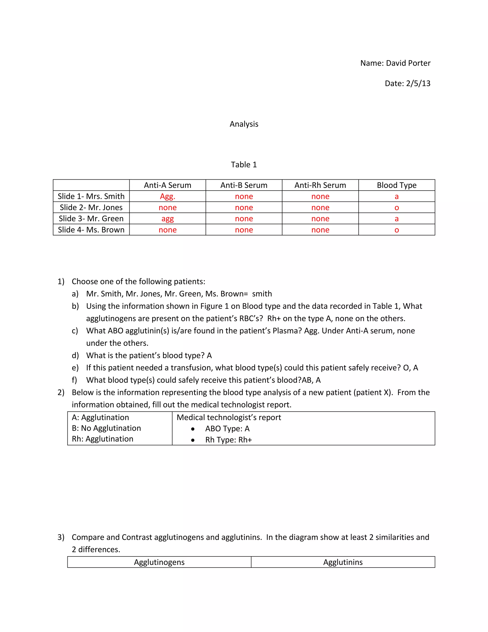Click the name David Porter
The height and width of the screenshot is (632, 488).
click(x=408, y=63)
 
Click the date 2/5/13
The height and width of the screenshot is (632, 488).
click(x=418, y=83)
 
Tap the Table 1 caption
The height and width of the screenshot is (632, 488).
click(x=244, y=165)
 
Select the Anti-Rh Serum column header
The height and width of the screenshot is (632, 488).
click(x=320, y=185)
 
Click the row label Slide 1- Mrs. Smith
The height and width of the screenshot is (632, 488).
click(x=91, y=196)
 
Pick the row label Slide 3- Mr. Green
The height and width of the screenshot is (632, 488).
click(x=91, y=218)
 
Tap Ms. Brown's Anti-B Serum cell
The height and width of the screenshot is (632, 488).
click(x=244, y=230)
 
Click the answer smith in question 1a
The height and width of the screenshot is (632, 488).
click(x=262, y=294)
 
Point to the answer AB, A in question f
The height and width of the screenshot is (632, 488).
click(x=311, y=380)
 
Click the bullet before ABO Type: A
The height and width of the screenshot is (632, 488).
click(x=193, y=429)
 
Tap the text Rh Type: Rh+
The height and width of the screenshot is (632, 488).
click(x=228, y=440)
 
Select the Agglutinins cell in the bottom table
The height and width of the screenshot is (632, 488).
click(x=343, y=562)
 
